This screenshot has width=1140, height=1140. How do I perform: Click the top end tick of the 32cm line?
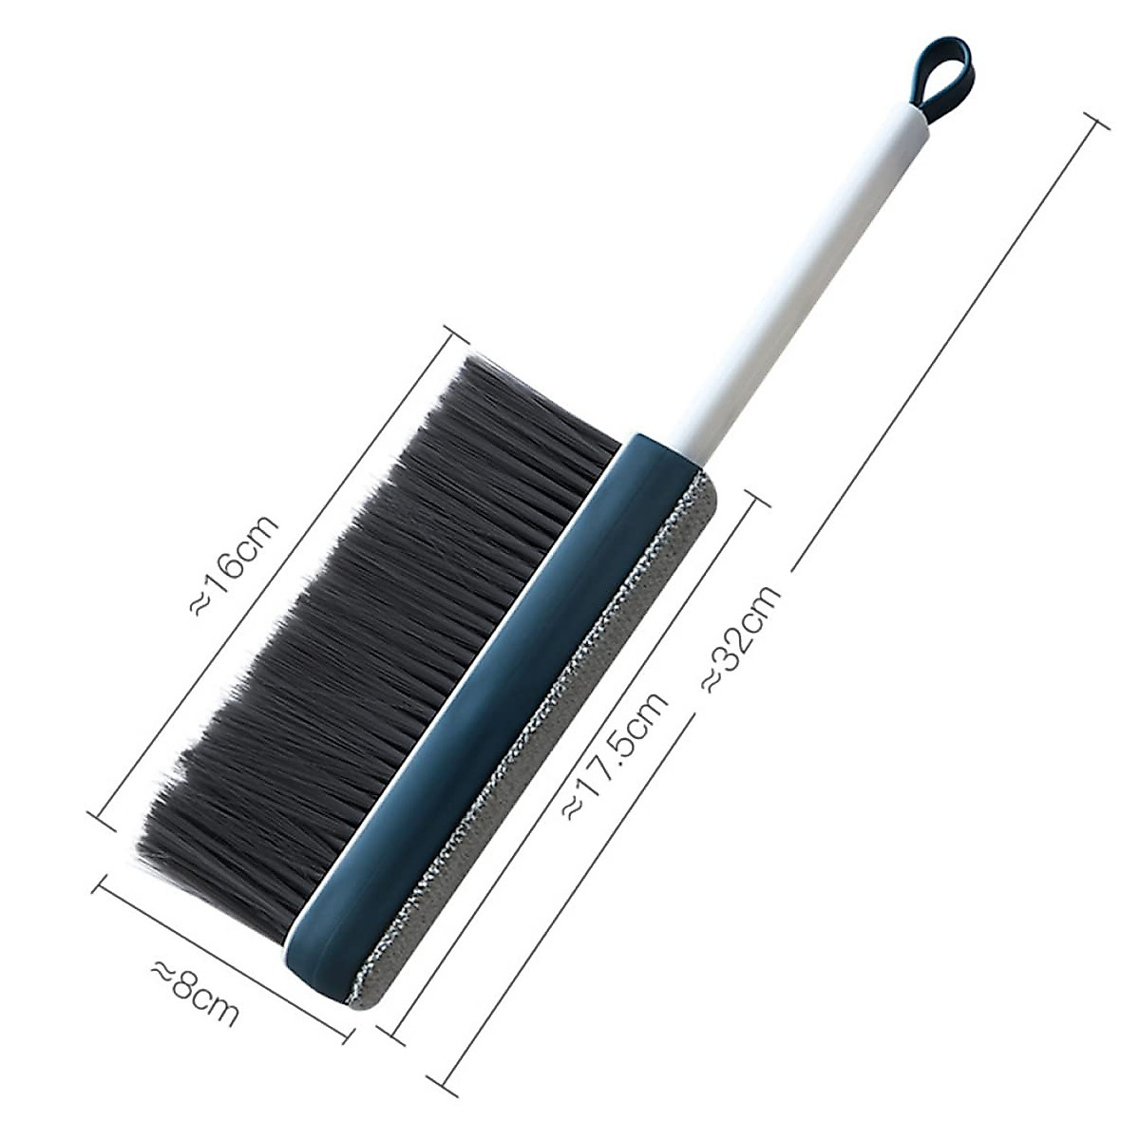click(1094, 121)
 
